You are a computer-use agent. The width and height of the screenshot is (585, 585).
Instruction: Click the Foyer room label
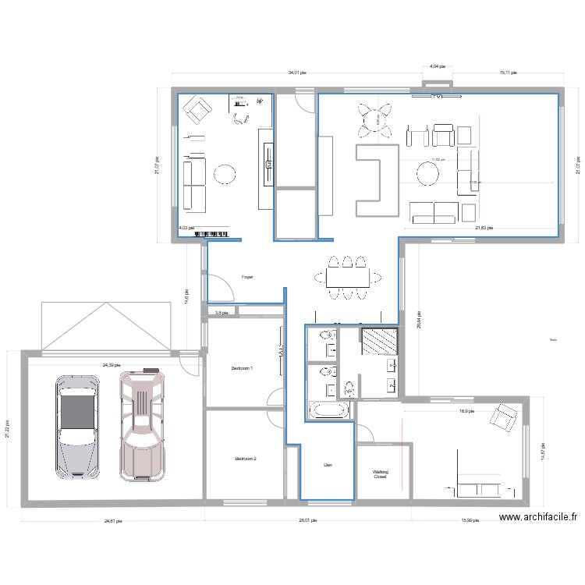click(x=247, y=277)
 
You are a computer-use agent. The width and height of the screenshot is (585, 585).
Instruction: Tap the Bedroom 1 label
click(x=243, y=368)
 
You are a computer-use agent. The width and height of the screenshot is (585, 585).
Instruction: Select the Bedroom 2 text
click(x=246, y=459)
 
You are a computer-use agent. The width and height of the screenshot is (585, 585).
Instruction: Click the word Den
click(x=328, y=466)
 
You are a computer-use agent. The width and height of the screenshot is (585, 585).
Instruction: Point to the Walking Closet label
click(x=380, y=473)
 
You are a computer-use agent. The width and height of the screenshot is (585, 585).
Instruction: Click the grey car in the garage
click(x=77, y=425)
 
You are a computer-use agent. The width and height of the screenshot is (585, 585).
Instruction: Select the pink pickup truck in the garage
click(x=143, y=425)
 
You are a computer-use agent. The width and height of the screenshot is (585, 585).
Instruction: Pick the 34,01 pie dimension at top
click(x=297, y=73)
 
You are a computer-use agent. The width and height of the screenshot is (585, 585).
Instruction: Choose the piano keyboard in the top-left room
click(x=212, y=232)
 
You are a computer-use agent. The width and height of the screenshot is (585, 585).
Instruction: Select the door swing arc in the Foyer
click(x=224, y=291)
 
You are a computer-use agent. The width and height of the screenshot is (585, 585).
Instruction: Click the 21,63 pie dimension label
click(x=484, y=228)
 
